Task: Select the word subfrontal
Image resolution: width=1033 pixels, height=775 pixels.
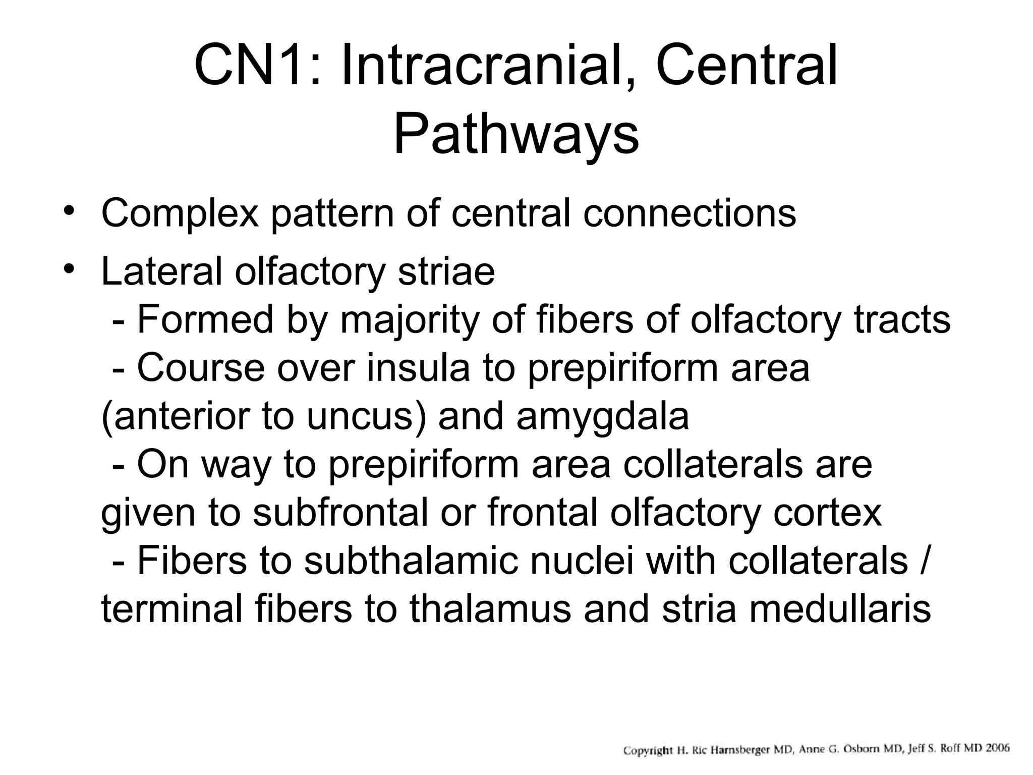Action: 339,514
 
